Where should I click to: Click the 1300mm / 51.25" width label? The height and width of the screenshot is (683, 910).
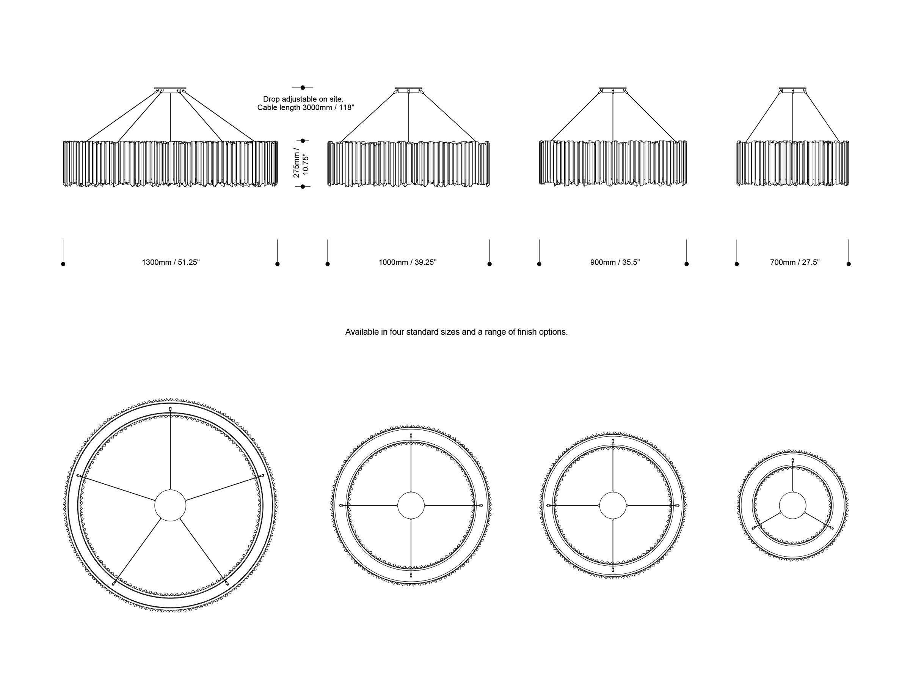[x=171, y=262]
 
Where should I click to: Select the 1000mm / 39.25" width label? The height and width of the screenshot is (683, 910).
[x=407, y=262]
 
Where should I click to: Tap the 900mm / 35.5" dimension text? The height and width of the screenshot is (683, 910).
[x=615, y=262]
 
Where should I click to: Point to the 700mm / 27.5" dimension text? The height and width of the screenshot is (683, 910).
[x=795, y=262]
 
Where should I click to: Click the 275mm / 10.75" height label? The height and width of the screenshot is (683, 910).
[x=301, y=163]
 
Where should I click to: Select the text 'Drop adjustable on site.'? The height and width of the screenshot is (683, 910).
[x=303, y=99]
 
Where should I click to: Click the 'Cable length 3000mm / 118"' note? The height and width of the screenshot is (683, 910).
[x=306, y=108]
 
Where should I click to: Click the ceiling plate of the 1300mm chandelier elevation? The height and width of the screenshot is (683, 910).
[x=170, y=89]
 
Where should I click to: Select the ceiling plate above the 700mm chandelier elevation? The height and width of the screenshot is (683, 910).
[x=793, y=89]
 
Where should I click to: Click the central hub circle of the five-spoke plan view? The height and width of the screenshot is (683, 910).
[x=170, y=505]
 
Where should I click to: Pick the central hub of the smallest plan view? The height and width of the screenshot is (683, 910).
[x=793, y=505]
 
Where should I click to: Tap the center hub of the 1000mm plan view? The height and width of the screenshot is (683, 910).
[x=411, y=505]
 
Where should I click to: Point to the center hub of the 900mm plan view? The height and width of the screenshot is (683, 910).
[x=613, y=505]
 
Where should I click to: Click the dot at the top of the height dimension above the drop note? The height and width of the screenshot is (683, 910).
[x=303, y=88]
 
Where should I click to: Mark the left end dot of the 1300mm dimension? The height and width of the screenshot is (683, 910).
[x=63, y=264]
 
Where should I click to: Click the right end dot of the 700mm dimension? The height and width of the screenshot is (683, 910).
[x=849, y=264]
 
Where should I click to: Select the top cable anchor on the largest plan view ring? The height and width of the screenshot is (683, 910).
[x=170, y=409]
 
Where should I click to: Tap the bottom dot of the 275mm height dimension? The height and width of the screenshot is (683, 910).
[x=303, y=187]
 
